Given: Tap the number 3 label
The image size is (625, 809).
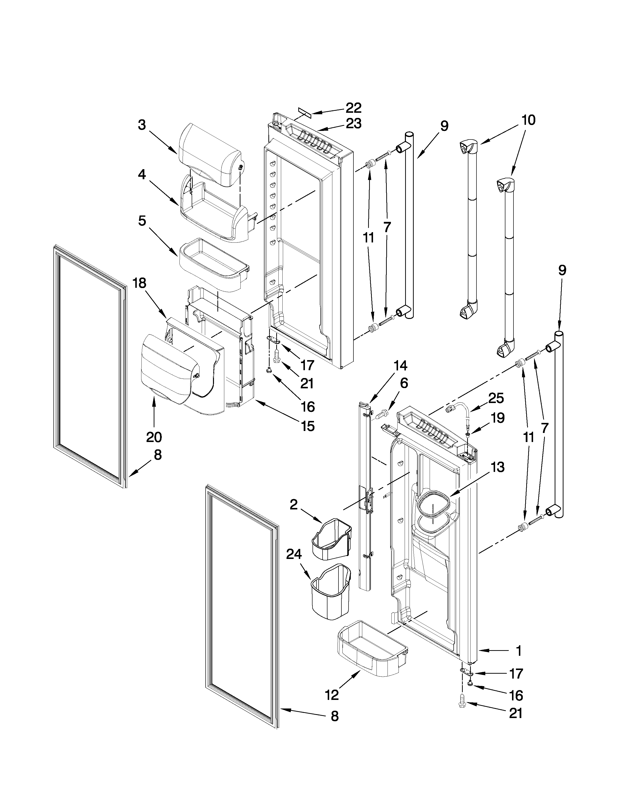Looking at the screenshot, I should [x=142, y=125].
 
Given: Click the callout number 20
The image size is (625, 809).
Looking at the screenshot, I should [x=154, y=437].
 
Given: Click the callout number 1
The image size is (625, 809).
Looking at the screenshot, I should [x=519, y=651].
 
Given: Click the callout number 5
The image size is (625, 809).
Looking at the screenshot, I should [x=142, y=221].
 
